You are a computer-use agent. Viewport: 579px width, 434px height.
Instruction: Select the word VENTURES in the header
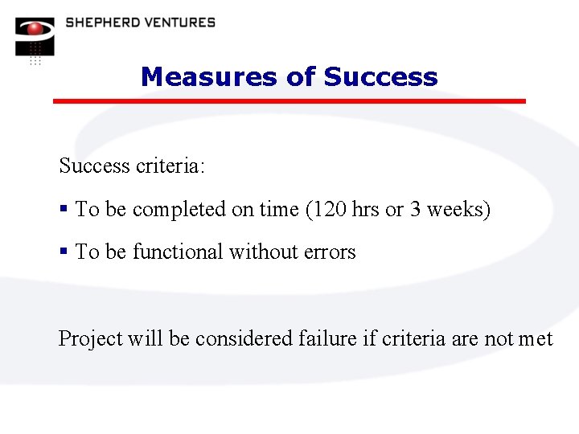pos(178,22)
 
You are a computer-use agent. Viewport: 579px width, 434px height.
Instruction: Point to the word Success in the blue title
pos(380,77)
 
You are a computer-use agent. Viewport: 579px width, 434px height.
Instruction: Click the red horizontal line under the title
pos(289,101)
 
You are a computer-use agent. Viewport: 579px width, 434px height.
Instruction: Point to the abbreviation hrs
pos(366,210)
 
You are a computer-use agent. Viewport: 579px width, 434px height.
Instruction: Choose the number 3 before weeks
pos(415,210)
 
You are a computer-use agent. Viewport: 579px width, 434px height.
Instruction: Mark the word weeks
pos(455,210)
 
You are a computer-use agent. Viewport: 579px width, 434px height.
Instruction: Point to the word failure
pos(328,339)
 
